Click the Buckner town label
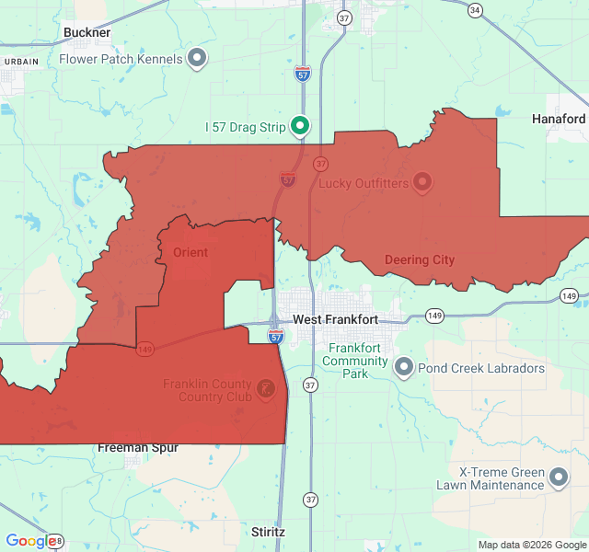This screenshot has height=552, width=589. [87, 32]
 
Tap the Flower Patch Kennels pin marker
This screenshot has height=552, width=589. [196, 59]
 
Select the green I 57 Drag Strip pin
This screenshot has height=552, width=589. [299, 126]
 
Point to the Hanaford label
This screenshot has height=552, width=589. [558, 119]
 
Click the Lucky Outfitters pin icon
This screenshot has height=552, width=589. [422, 182]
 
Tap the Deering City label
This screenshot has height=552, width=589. [419, 259]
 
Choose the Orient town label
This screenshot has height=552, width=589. [191, 252]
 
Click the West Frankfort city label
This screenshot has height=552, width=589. [335, 319]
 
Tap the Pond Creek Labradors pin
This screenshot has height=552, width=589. [403, 368]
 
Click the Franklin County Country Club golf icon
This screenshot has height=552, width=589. [266, 389]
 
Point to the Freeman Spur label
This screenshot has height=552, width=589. [138, 448]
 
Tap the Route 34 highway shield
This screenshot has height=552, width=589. [474, 10]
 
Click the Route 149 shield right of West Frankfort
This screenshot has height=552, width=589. [434, 316]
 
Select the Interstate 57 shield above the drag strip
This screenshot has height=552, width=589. [303, 74]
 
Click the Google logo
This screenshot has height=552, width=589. [29, 541]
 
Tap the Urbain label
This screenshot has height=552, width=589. [20, 61]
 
